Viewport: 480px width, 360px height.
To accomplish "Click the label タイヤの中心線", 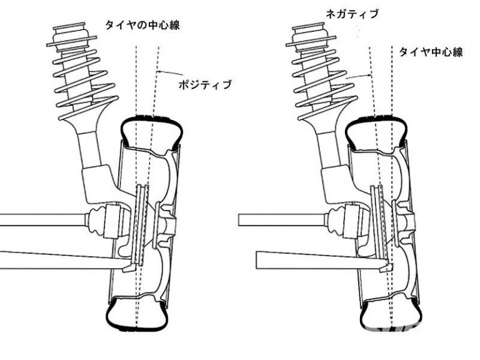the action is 142,25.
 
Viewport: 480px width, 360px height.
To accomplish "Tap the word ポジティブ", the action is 205,84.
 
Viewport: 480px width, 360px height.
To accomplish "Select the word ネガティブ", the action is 352,14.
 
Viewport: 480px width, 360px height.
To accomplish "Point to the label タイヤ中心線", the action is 431,52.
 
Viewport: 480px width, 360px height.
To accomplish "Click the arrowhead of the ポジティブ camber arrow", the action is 158,71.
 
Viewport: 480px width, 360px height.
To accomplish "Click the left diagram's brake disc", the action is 141,225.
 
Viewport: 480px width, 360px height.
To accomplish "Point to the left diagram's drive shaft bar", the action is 43,220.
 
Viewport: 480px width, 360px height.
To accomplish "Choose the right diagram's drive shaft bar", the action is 282,220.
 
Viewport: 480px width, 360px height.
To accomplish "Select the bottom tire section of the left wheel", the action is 137,315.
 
